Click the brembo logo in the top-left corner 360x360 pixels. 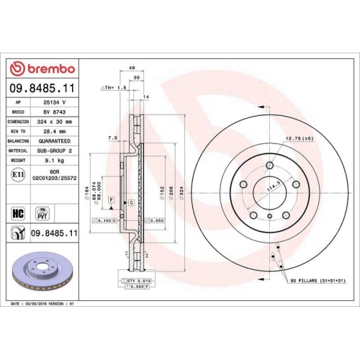(x=41, y=68)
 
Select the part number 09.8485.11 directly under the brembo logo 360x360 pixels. (x=41, y=89)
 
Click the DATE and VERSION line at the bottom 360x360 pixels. (x=43, y=304)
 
